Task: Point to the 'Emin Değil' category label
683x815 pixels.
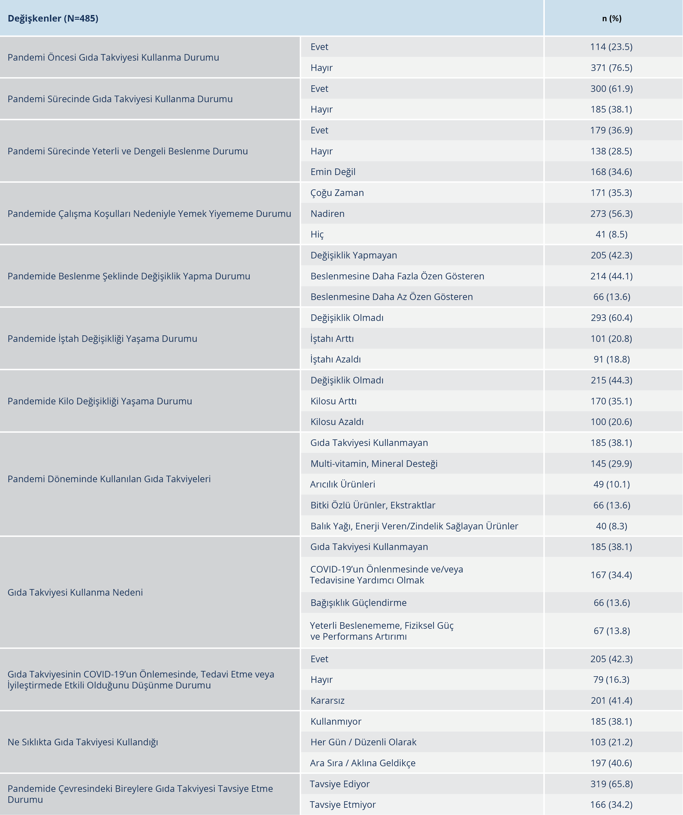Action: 333,172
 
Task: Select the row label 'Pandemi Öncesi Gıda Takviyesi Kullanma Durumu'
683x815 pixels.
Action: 114,57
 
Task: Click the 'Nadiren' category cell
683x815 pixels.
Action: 327,213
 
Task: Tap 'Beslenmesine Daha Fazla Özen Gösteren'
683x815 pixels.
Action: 397,276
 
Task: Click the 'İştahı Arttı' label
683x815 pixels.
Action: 332,339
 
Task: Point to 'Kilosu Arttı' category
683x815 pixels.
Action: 334,401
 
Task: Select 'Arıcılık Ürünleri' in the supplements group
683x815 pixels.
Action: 342,484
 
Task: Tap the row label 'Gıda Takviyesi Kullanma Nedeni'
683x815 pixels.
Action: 75,592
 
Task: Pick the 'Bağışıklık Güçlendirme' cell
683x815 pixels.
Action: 358,603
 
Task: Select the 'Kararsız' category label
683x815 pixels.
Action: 327,701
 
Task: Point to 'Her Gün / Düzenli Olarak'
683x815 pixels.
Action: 363,742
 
